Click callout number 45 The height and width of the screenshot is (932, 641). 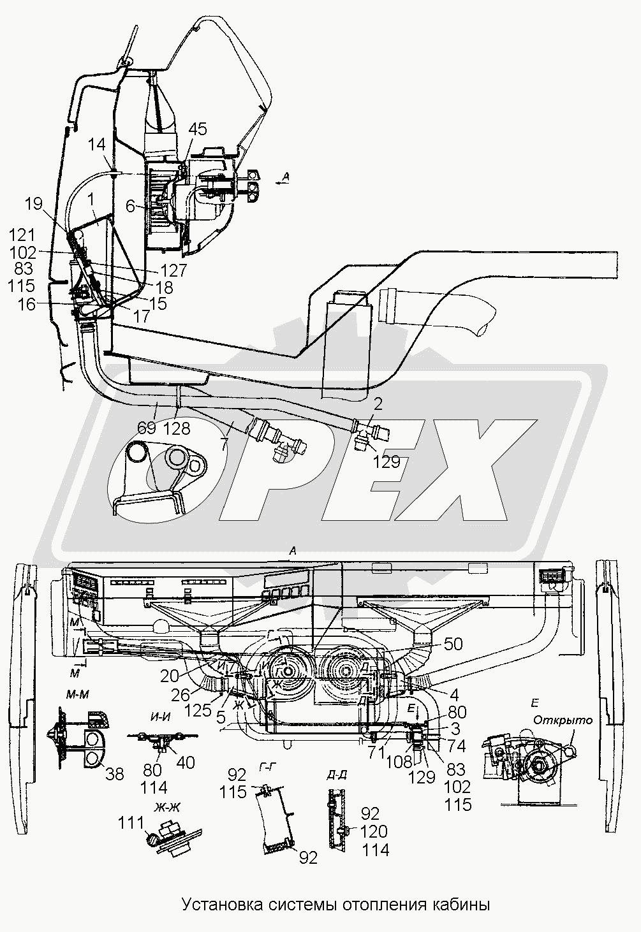(x=198, y=129)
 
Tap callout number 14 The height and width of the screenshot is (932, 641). (x=96, y=145)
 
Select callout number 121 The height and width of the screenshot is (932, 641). (x=22, y=236)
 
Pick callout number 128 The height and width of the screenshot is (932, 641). (x=177, y=428)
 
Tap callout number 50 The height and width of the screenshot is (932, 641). (x=453, y=644)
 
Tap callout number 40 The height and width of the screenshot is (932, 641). (x=185, y=762)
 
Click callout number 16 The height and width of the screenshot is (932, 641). (x=27, y=305)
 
